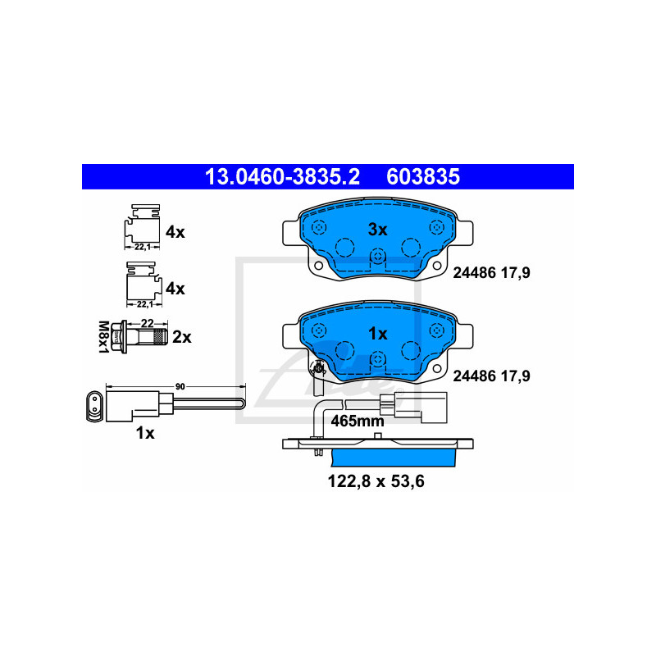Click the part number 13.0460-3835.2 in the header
(282, 176)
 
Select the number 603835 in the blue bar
(423, 176)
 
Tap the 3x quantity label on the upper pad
(377, 230)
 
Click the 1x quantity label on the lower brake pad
(377, 334)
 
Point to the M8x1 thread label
(103, 337)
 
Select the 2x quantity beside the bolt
(182, 337)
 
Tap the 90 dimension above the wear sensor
(180, 386)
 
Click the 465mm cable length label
(358, 421)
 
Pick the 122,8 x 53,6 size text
(376, 481)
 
